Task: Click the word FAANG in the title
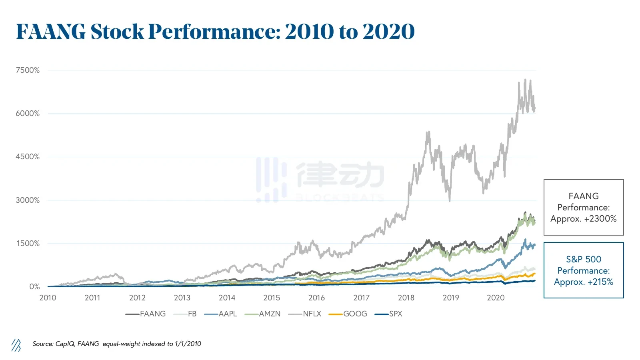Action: click(51, 32)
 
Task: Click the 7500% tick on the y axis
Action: click(28, 70)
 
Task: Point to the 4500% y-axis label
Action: click(28, 157)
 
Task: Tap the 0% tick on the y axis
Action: click(34, 287)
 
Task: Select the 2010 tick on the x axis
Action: click(48, 298)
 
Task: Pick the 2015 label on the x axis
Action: click(272, 298)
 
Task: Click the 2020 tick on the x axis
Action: click(496, 298)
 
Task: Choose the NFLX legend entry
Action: click(312, 314)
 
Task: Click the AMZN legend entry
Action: click(269, 314)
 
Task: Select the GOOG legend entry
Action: click(355, 314)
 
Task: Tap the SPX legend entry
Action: click(395, 314)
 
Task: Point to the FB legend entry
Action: click(192, 314)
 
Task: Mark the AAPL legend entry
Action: click(228, 314)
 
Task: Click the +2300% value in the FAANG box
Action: click(600, 219)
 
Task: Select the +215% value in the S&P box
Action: click(598, 282)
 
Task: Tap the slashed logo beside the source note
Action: click(16, 345)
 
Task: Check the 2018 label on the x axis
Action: click(406, 298)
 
